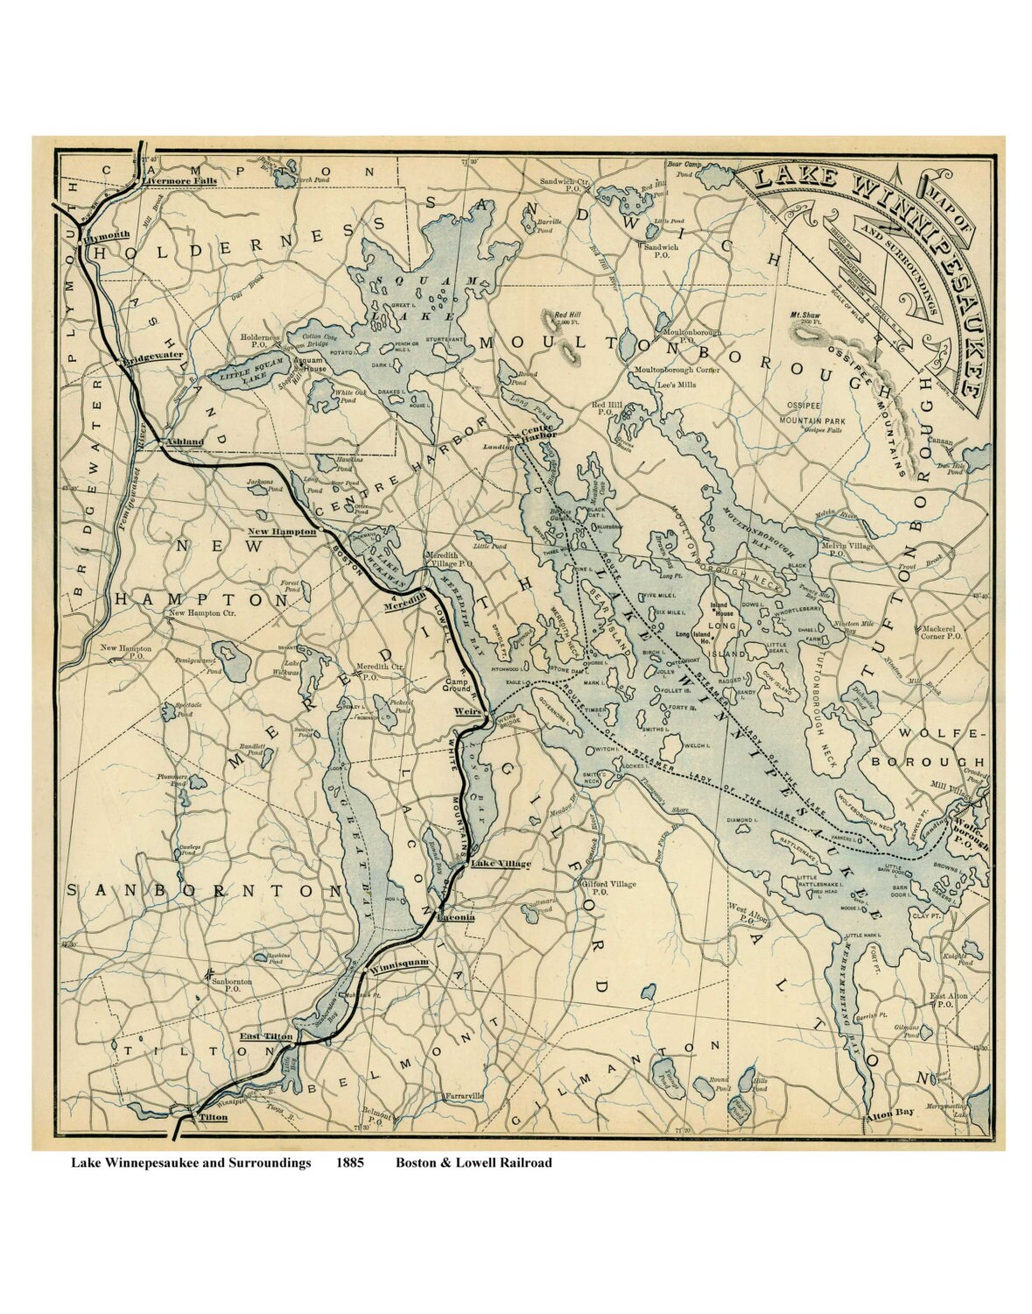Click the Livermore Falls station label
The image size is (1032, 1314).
tap(179, 180)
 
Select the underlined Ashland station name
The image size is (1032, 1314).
tap(185, 442)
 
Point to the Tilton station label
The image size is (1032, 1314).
tap(213, 1118)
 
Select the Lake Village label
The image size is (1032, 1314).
tap(501, 864)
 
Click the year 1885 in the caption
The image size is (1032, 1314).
tap(352, 1163)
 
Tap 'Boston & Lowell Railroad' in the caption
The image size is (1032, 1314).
tap(473, 1163)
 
